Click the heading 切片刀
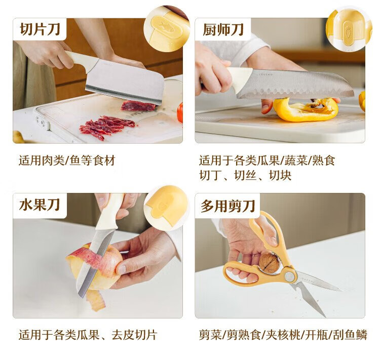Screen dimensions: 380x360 click(x=40, y=29)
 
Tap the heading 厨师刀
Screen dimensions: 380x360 click(x=223, y=30)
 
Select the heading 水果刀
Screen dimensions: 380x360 click(x=40, y=205)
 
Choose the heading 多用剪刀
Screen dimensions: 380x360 click(x=228, y=206)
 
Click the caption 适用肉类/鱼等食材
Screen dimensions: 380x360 click(x=67, y=161)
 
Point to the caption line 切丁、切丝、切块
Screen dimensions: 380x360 click(x=245, y=175)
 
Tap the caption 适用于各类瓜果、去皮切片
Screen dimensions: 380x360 click(x=88, y=335)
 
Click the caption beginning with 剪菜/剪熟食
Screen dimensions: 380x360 click(x=283, y=335)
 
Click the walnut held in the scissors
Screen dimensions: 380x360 click(x=269, y=263)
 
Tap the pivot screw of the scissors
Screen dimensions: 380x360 click(x=289, y=276)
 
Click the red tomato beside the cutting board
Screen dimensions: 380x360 click(x=180, y=113)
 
